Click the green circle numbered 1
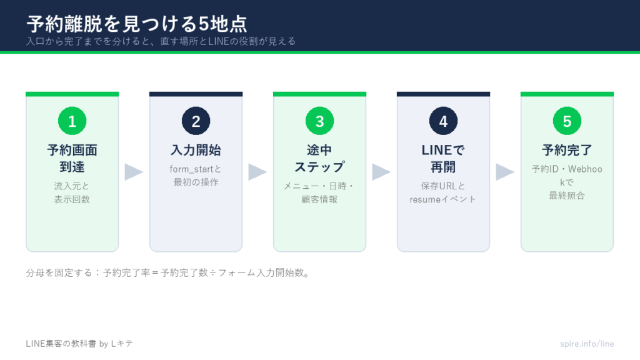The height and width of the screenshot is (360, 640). click(72, 121)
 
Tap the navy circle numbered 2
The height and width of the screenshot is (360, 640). click(196, 121)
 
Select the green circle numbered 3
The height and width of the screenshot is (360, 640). click(319, 121)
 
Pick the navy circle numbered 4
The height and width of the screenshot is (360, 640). click(443, 121)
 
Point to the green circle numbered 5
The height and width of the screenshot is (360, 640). click(567, 121)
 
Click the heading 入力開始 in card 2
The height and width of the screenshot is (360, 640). click(196, 150)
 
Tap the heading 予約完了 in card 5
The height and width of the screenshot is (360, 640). click(567, 150)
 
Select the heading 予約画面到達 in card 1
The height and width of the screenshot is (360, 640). click(72, 158)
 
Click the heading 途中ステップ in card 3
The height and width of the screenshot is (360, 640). click(319, 158)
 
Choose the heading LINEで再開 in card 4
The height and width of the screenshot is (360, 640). click(443, 158)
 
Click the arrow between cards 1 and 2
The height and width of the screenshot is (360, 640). click(134, 172)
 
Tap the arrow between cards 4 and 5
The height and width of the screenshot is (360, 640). click(505, 172)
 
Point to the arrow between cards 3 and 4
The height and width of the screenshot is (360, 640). click(381, 172)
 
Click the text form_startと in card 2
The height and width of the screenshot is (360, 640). click(196, 169)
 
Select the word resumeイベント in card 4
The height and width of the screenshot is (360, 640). click(443, 199)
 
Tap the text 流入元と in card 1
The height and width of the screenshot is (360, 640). click(72, 186)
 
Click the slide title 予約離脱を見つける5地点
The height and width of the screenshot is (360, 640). click(137, 24)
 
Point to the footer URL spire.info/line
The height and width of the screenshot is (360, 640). click(587, 344)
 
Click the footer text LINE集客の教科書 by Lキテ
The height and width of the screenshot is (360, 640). click(79, 344)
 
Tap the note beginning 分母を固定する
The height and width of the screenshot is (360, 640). click(167, 272)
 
